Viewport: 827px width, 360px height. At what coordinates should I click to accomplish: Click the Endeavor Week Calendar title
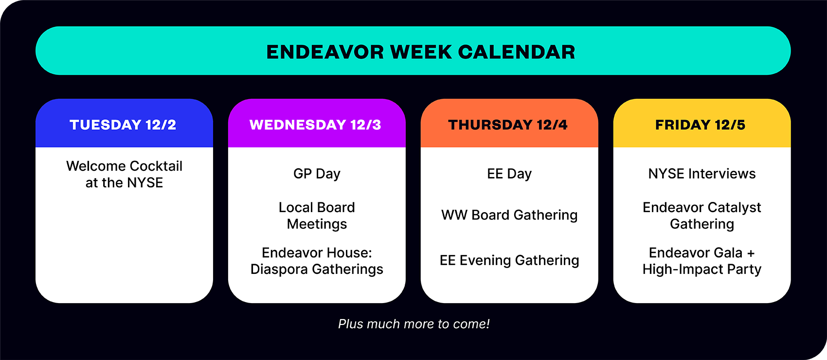420,52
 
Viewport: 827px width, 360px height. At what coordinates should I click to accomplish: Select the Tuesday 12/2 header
123,125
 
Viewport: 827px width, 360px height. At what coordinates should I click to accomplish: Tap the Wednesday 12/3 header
315,125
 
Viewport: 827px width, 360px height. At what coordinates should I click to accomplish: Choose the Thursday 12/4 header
508,125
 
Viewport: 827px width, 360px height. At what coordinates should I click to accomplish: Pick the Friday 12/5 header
701,125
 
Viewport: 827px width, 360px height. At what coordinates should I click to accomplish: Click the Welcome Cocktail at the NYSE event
125,174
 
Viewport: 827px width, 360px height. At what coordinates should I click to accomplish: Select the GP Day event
317,174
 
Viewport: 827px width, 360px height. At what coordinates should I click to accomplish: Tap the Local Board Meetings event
317,216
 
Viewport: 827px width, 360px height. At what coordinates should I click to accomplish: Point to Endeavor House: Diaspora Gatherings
317,261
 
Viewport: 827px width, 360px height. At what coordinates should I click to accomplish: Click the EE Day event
509,174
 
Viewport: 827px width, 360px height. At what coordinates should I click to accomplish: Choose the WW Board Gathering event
509,215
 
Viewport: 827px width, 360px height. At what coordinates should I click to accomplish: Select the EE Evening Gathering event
509,261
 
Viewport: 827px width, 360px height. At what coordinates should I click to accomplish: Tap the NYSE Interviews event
702,174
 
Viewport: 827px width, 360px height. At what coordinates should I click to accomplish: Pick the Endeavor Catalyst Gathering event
702,216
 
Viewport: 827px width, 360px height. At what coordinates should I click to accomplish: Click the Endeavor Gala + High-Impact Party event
702,261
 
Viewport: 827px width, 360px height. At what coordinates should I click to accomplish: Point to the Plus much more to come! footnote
414,324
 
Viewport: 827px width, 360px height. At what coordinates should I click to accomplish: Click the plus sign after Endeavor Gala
751,253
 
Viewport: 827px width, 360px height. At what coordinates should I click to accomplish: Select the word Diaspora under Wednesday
279,270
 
